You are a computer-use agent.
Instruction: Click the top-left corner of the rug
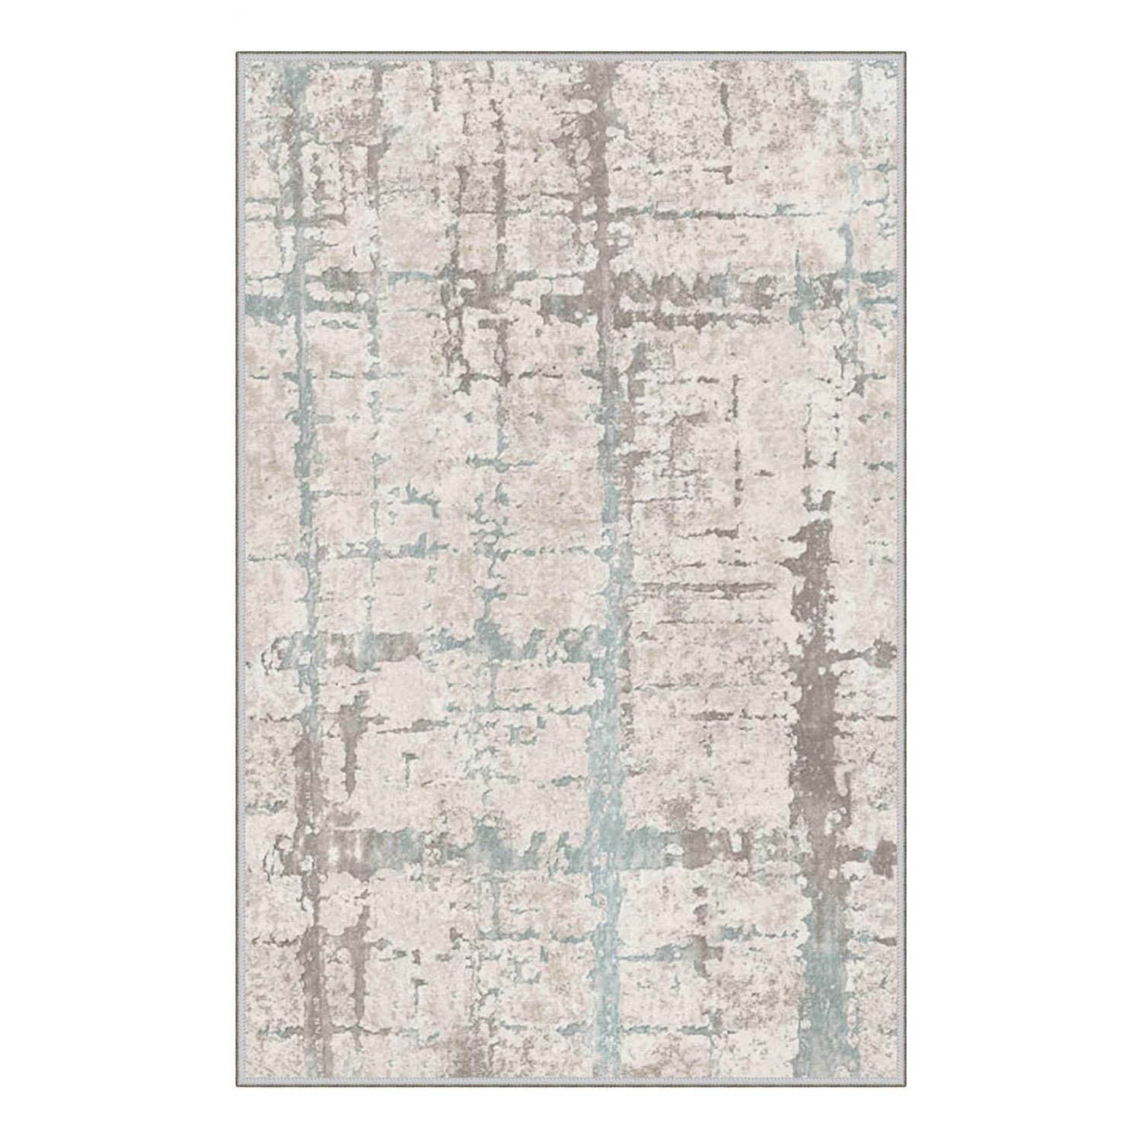click(x=237, y=53)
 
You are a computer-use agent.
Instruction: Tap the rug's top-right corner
click(x=906, y=53)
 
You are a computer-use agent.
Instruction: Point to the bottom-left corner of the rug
click(x=237, y=1089)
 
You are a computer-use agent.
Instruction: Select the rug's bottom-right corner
click(x=906, y=1089)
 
